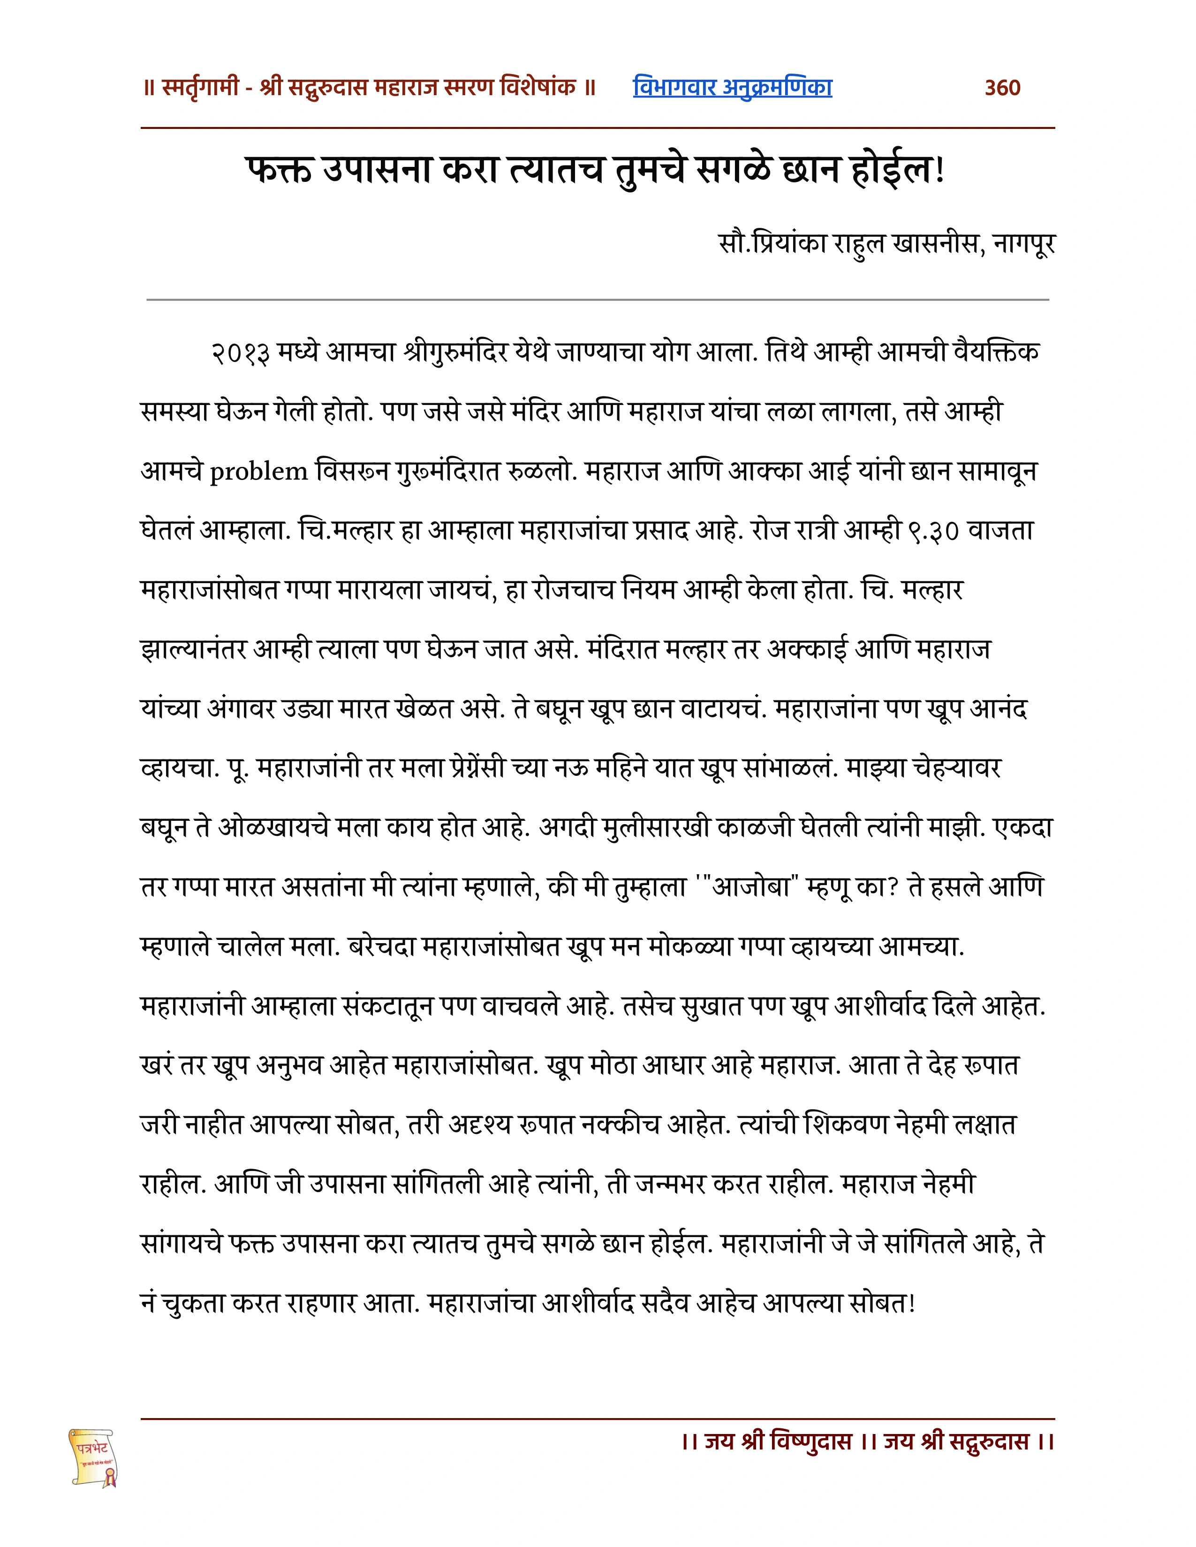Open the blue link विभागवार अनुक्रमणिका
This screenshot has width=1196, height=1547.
point(732,87)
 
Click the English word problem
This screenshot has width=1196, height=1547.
point(258,472)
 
